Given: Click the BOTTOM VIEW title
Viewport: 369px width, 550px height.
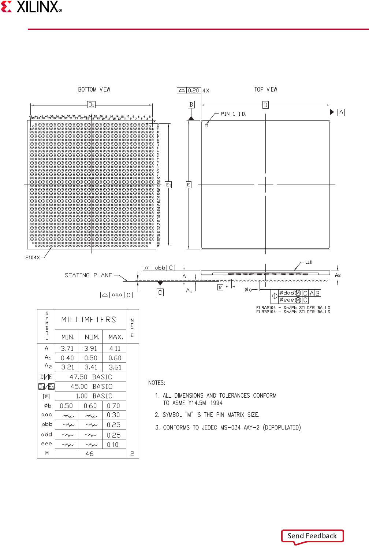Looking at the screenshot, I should (94, 89).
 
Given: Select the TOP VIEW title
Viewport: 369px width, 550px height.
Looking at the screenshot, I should (266, 89).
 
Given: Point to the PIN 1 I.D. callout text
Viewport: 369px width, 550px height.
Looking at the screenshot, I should (233, 114).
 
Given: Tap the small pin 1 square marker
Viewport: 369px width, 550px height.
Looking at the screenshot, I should (206, 126).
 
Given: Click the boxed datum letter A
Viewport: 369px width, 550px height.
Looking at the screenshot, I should (341, 112).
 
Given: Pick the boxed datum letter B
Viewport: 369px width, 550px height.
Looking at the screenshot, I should (191, 105).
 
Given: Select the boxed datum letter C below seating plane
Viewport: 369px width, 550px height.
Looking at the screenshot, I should (160, 293).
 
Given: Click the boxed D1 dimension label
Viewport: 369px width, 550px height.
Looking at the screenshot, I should (92, 105).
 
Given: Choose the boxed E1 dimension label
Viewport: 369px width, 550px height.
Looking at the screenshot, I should (168, 185).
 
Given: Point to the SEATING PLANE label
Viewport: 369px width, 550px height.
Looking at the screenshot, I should (88, 275).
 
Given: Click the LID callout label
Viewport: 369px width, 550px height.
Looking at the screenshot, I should (309, 262).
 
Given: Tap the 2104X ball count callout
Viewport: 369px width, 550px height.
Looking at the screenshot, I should (33, 257).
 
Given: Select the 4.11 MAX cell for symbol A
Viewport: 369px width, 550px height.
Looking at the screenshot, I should (115, 349).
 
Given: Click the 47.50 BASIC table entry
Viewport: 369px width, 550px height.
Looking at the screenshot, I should (90, 377).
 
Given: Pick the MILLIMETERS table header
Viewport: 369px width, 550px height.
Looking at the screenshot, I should (89, 320).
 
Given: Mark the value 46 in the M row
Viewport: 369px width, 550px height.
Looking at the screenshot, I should (90, 454).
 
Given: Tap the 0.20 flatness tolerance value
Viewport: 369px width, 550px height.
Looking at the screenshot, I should (194, 90).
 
